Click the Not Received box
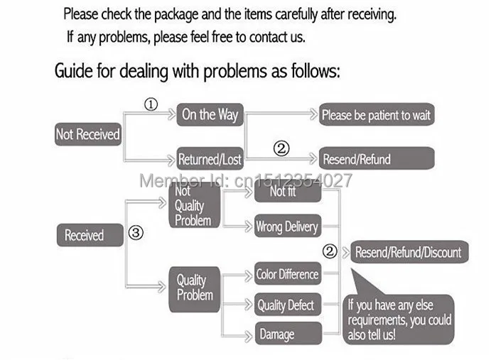(x=88, y=135)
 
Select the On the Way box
(x=210, y=114)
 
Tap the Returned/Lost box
(x=210, y=159)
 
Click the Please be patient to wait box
(x=376, y=114)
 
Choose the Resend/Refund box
(x=376, y=158)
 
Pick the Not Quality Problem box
(x=193, y=206)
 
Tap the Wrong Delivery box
(x=287, y=227)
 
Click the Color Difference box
(x=287, y=274)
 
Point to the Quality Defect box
(x=287, y=305)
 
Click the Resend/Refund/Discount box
(x=408, y=252)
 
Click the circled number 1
(x=151, y=105)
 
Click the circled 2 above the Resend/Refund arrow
(x=281, y=148)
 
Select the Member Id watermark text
(x=245, y=180)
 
